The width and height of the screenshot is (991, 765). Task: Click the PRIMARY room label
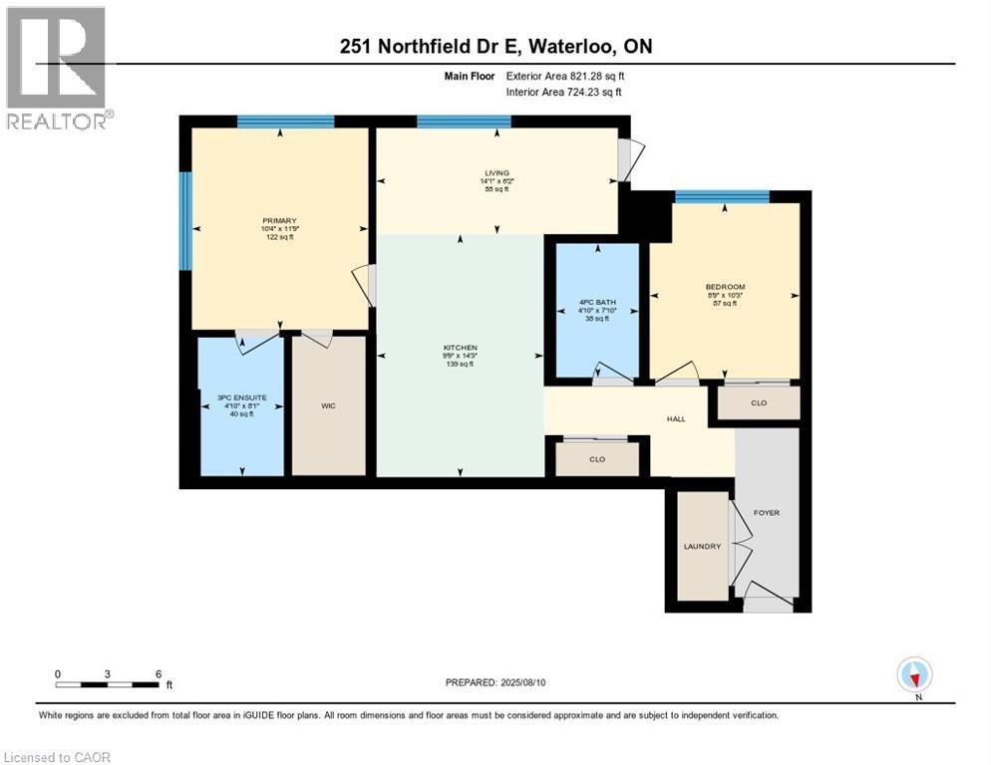pos(280,220)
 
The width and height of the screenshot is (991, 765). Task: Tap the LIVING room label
pos(496,173)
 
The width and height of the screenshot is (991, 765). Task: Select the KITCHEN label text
pos(461,348)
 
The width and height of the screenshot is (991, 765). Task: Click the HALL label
pos(676,419)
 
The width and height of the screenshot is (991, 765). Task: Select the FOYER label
pos(767,513)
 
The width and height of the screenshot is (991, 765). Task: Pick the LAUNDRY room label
pos(702,546)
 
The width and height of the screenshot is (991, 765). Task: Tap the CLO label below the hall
pos(597,459)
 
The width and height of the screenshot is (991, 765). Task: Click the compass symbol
pos(913,675)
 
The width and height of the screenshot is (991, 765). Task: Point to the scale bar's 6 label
pos(158,673)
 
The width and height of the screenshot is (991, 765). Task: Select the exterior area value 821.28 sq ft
pos(587,76)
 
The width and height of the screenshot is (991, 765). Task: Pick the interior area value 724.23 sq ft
pos(585,93)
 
